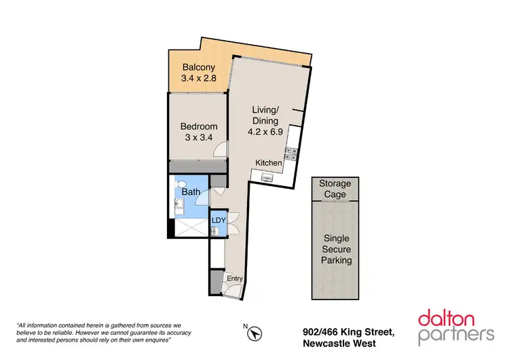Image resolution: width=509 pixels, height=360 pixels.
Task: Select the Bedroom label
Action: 198,126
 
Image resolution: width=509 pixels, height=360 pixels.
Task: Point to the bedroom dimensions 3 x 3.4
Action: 198,138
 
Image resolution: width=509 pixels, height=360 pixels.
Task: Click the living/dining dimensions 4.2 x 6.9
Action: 265,132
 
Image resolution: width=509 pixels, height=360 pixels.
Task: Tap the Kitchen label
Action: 269,162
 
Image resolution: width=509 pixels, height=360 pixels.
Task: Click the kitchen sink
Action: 266,177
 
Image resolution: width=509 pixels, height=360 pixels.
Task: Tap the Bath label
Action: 190,192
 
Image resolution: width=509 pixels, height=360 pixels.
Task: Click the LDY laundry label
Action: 218,220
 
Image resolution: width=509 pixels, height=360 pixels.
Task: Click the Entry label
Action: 235,278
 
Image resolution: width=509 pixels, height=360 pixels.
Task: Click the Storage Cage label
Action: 335,189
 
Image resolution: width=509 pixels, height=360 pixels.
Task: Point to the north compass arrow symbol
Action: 255,334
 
